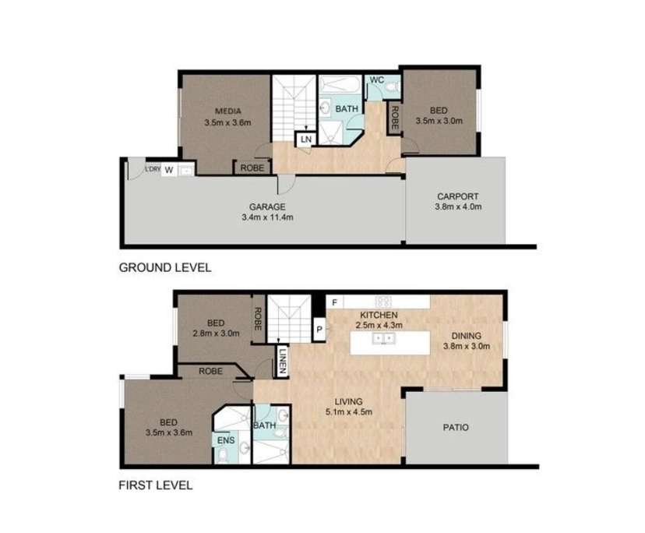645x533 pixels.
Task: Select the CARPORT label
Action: click(x=459, y=196)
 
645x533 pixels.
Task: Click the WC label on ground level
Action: click(x=377, y=80)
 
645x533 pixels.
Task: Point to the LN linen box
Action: click(x=305, y=139)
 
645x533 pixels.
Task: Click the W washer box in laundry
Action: click(x=168, y=171)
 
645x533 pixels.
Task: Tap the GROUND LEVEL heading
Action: click(x=164, y=267)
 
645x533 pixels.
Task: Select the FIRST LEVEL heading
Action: click(x=155, y=485)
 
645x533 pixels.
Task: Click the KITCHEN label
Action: click(x=378, y=314)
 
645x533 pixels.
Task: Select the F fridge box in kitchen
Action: click(x=334, y=302)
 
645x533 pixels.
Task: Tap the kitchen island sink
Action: click(x=382, y=339)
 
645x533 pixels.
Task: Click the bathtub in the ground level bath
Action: click(x=339, y=84)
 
